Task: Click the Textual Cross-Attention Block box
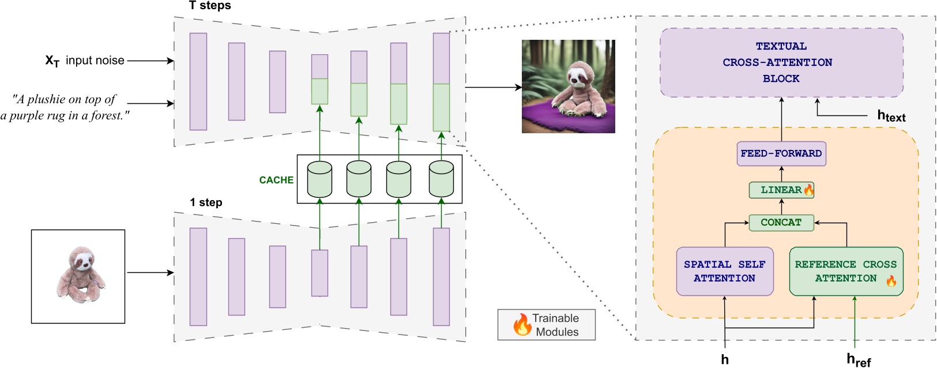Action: (781, 62)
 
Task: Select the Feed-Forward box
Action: (781, 153)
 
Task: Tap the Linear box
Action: (781, 190)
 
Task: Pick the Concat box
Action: (781, 223)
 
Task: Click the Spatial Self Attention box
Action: (724, 271)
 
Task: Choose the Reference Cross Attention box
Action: (845, 271)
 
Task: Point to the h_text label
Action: (891, 116)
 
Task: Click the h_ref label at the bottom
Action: (858, 360)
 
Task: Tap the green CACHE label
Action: (276, 180)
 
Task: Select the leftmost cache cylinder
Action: (319, 179)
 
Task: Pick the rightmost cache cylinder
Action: (441, 179)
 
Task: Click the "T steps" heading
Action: (210, 6)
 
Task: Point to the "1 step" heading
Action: (206, 202)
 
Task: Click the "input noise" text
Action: (95, 61)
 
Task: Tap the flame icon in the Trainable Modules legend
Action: (522, 325)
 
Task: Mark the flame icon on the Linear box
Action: (808, 190)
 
